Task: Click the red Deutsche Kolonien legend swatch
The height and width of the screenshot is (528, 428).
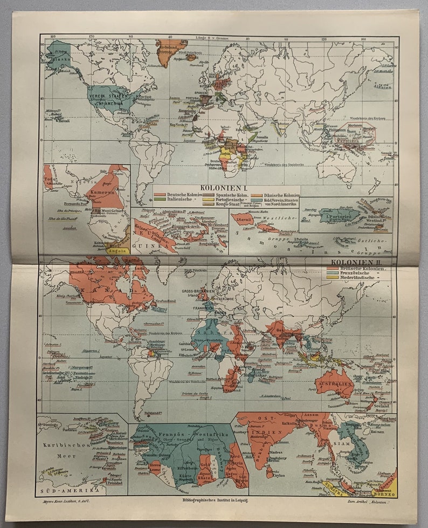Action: pos(159,195)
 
